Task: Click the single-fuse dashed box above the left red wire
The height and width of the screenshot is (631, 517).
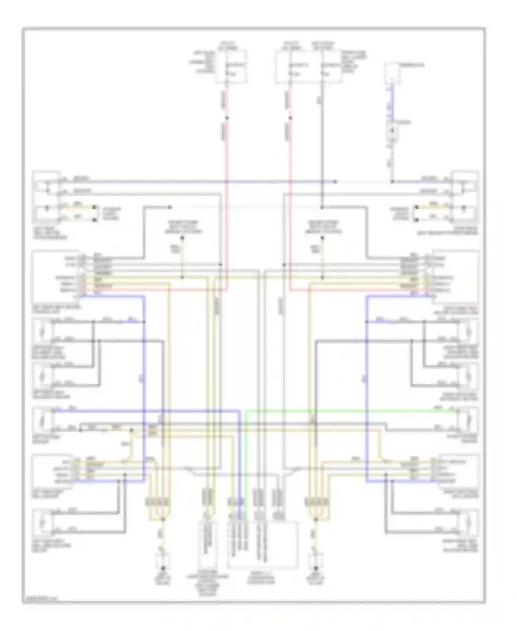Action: tap(231, 67)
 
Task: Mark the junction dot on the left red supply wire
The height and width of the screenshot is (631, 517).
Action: tap(227, 118)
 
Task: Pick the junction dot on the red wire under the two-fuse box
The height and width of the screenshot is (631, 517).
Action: tap(290, 118)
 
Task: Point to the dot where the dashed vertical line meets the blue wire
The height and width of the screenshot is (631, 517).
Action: tap(392, 182)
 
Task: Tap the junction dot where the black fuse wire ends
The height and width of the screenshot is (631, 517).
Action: tap(322, 207)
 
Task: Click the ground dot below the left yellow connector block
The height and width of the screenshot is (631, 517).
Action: tap(163, 568)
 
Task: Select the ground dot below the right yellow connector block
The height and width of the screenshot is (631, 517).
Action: tap(315, 568)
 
